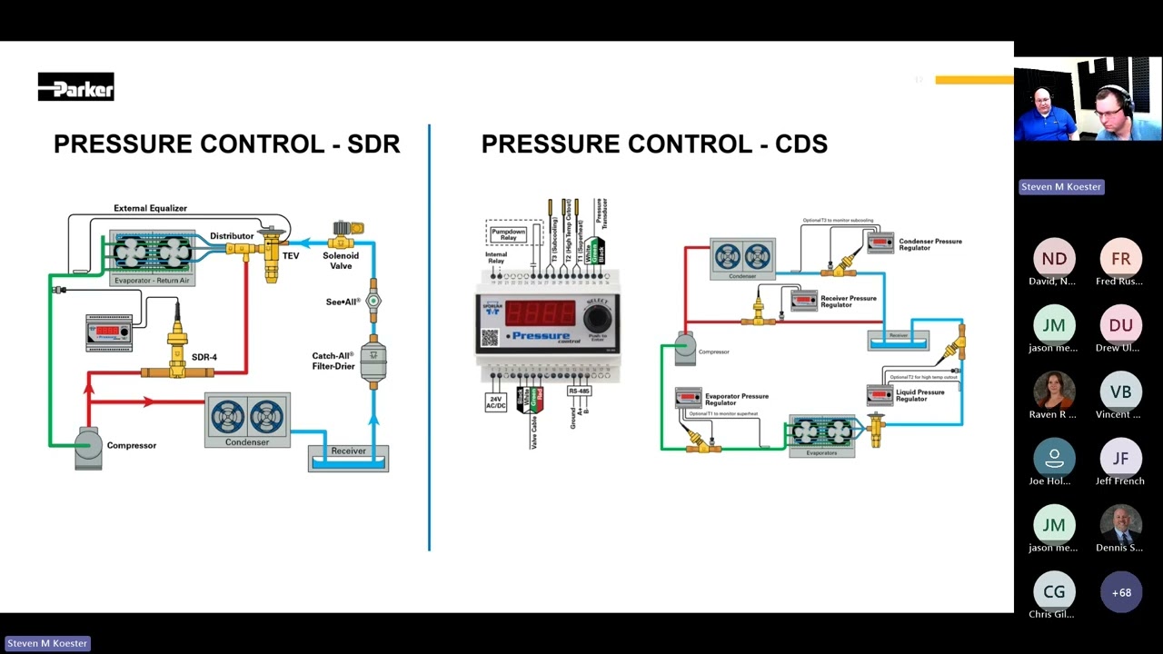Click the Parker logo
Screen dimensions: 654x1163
[75, 87]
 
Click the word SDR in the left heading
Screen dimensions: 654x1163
[373, 144]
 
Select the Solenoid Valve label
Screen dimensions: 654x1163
[341, 261]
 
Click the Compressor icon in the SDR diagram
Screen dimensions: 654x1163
[88, 446]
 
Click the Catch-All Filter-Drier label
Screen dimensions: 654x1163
[333, 361]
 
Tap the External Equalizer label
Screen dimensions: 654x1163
[150, 208]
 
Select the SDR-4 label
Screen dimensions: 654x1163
[204, 357]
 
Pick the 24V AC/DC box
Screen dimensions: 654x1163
[496, 401]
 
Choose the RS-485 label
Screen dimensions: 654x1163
[579, 391]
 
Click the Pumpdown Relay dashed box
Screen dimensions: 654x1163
[508, 233]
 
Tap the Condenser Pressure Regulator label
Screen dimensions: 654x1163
[929, 244]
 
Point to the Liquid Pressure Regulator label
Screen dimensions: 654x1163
[919, 395]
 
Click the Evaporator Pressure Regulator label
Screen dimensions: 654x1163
[736, 400]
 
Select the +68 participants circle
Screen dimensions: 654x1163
[1121, 592]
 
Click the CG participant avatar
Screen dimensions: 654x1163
[1054, 592]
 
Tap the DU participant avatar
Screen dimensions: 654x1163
[1121, 325]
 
